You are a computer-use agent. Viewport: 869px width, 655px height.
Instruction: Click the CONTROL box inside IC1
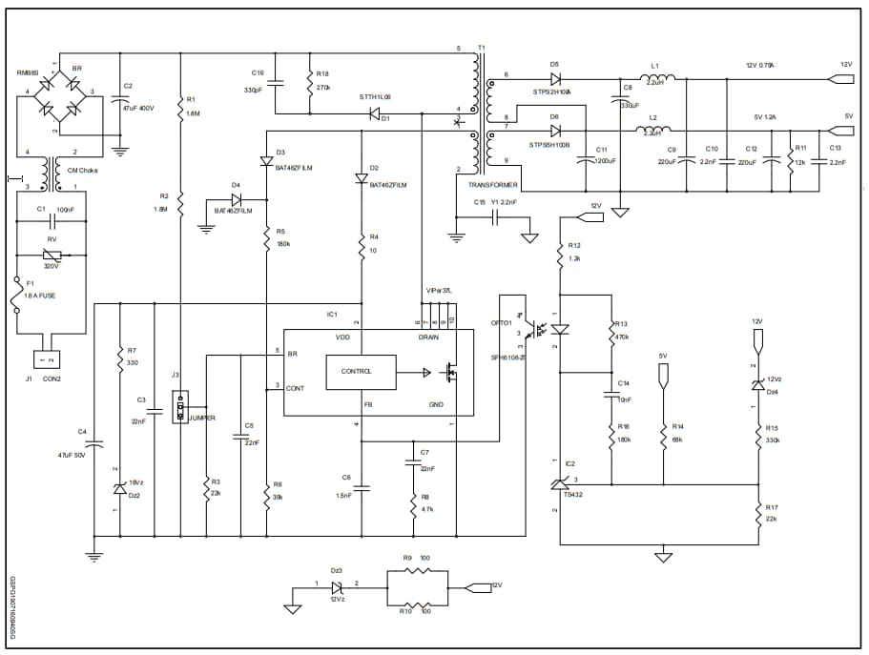[361, 372]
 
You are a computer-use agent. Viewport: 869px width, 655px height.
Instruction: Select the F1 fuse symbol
[16, 296]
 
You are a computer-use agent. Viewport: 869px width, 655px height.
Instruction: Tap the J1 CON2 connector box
[46, 359]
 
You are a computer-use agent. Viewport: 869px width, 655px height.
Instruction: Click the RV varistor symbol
[53, 255]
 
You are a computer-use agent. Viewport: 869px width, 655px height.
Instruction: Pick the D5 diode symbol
[555, 78]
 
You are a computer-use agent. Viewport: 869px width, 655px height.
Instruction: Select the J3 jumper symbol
[179, 411]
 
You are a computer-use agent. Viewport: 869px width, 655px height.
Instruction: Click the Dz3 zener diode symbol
[336, 588]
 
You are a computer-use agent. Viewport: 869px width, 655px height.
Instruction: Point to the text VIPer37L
[439, 291]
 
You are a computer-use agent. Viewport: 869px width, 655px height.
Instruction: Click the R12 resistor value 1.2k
[575, 258]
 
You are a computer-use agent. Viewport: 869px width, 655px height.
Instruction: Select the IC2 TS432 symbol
[560, 485]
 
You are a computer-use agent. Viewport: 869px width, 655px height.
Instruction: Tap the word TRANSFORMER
[493, 185]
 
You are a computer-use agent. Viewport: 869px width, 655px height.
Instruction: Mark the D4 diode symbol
[236, 200]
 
